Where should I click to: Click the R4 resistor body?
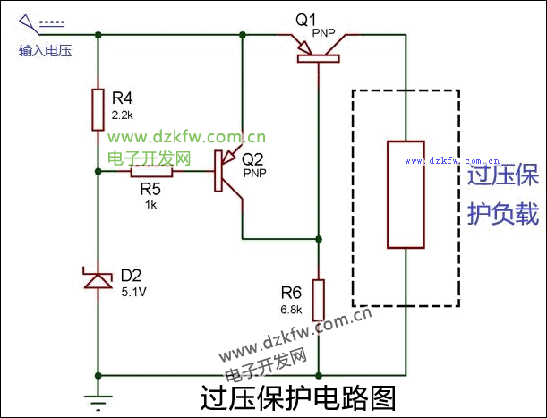pos(98,110)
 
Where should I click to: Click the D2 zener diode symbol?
pos(98,281)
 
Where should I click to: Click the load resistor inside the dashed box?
pos(405,193)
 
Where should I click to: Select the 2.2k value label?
pos(123,115)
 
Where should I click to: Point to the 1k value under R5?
pos(150,204)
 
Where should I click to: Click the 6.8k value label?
pos(291,309)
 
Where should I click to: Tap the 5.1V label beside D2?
pos(135,291)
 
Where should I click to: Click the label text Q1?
pos(306,18)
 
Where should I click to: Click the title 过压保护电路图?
pos(298,396)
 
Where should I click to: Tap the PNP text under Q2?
pos(255,172)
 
